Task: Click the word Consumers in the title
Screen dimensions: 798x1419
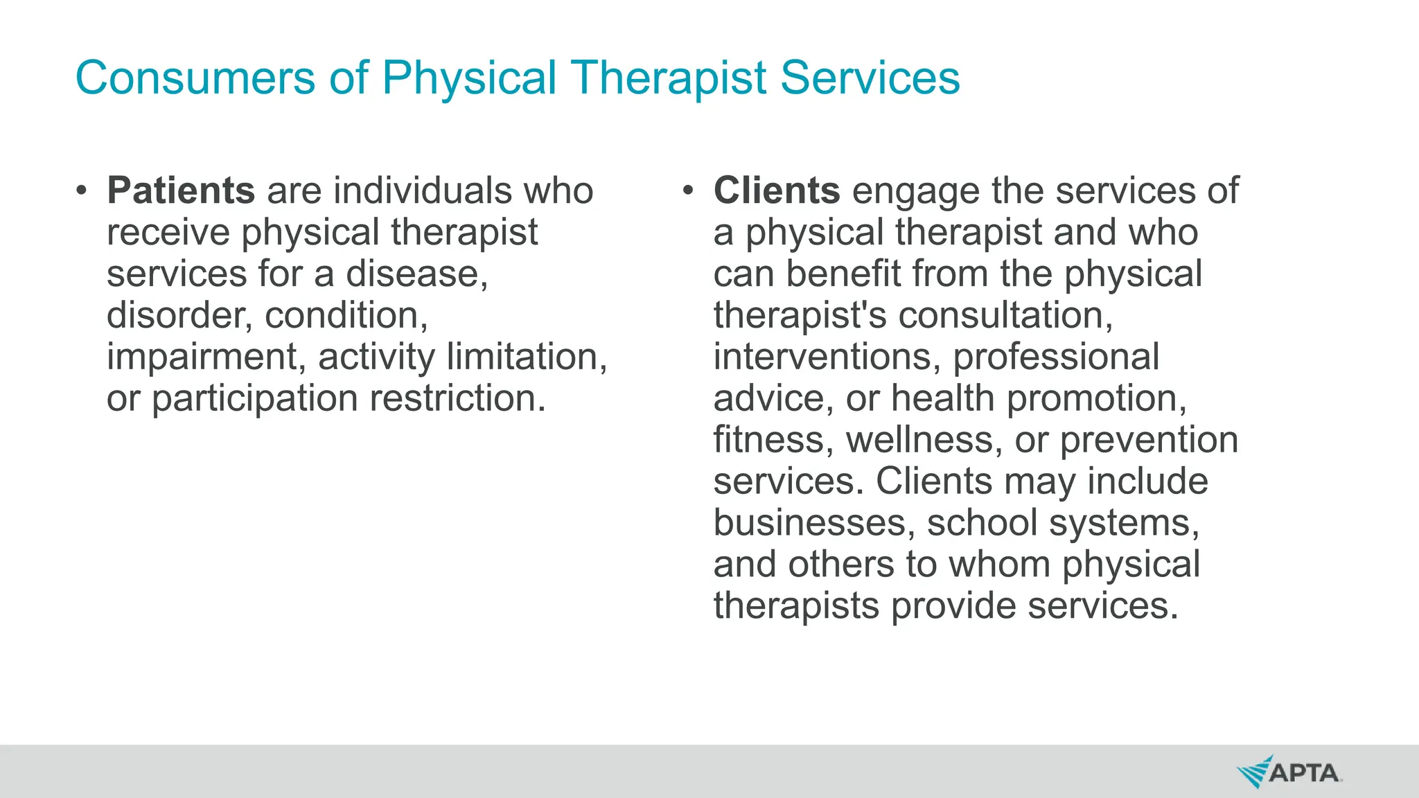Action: (x=195, y=78)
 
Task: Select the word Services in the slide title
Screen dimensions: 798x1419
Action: (x=870, y=78)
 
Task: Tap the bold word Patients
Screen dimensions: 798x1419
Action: (x=181, y=190)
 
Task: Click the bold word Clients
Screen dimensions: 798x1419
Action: (x=777, y=190)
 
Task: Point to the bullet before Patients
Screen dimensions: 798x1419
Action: (x=82, y=190)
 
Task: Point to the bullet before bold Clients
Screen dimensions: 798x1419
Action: (x=687, y=190)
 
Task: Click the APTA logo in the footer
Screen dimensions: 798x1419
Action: (x=1289, y=772)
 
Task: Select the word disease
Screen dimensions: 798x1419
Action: (x=416, y=274)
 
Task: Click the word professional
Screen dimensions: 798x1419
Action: (x=1056, y=357)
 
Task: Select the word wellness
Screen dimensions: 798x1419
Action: (x=924, y=440)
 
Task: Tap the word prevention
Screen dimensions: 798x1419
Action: (x=1149, y=440)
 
